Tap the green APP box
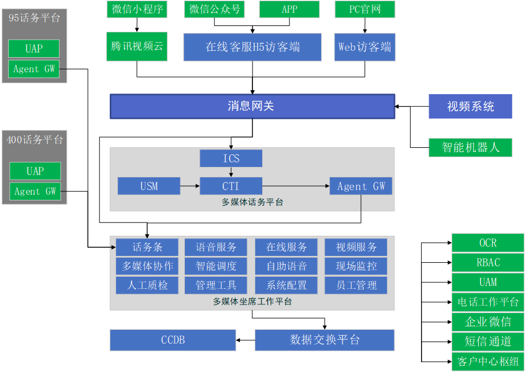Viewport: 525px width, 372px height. click(289, 9)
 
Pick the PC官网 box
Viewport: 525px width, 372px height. click(364, 9)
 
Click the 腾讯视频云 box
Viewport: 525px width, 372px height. click(137, 47)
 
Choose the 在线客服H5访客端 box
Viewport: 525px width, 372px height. click(252, 47)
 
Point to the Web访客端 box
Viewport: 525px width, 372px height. click(364, 47)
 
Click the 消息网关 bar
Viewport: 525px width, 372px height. click(252, 106)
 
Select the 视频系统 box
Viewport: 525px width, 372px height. click(470, 107)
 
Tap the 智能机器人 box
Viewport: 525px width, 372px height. click(470, 147)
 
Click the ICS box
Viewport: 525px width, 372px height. click(231, 158)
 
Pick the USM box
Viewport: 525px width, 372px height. click(149, 186)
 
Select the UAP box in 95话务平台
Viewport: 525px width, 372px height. click(34, 49)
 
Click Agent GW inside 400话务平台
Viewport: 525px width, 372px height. click(35, 191)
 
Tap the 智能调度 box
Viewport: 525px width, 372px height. click(215, 266)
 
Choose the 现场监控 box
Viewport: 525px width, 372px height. click(356, 266)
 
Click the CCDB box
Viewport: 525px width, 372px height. click(173, 340)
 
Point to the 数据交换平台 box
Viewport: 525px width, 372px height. click(325, 340)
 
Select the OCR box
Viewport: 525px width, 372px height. click(487, 243)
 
